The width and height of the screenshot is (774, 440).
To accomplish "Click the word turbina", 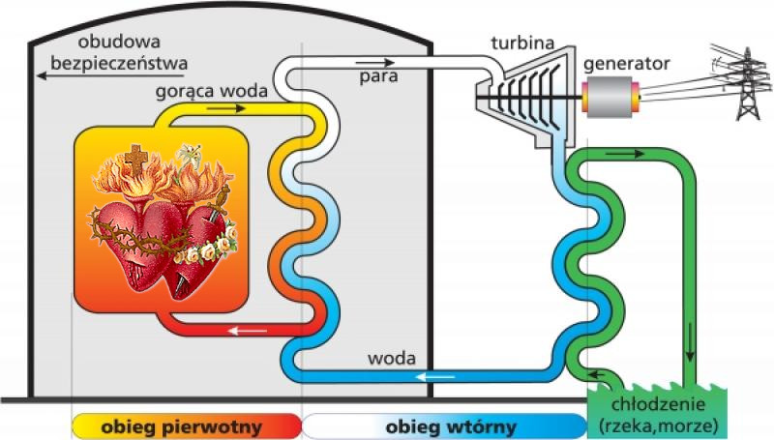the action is pyautogui.click(x=522, y=43).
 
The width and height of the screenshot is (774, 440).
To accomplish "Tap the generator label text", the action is pyautogui.click(x=626, y=64).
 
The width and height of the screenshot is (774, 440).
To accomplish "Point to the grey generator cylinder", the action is pyautogui.click(x=610, y=97).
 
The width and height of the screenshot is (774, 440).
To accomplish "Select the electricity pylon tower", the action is pyautogui.click(x=747, y=83).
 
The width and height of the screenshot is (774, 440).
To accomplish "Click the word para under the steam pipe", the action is pyautogui.click(x=378, y=76).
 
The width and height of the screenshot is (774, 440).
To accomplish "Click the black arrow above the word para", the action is pyautogui.click(x=374, y=63).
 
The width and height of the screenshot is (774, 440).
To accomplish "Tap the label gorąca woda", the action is pyautogui.click(x=211, y=91).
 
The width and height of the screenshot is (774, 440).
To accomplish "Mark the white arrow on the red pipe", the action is pyautogui.click(x=248, y=330).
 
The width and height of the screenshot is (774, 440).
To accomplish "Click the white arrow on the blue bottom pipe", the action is pyautogui.click(x=435, y=377).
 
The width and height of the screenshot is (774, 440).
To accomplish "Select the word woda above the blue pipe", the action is pyautogui.click(x=392, y=358).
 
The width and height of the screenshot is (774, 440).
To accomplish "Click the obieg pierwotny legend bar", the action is pyautogui.click(x=187, y=426).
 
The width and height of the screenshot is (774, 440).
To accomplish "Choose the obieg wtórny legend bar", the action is pyautogui.click(x=444, y=426).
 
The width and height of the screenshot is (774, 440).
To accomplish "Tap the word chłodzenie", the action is pyautogui.click(x=658, y=404).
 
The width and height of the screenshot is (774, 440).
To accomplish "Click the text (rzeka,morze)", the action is pyautogui.click(x=658, y=425).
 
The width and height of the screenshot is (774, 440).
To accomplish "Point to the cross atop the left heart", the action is pyautogui.click(x=135, y=160).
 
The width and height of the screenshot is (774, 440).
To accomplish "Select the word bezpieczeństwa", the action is pyautogui.click(x=119, y=64).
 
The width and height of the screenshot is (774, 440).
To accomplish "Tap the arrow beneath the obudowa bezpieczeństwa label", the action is pyautogui.click(x=111, y=76).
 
